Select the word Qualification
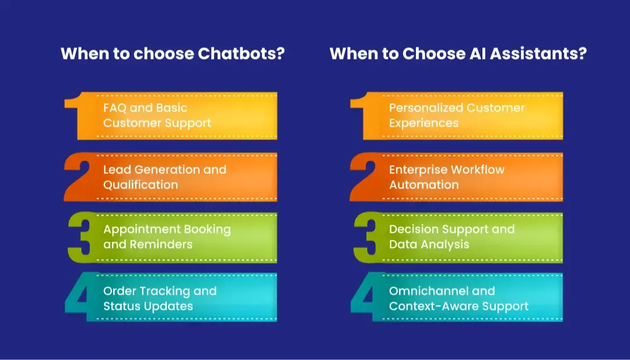[x=141, y=185]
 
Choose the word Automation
[x=423, y=185]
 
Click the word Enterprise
[x=416, y=170]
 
